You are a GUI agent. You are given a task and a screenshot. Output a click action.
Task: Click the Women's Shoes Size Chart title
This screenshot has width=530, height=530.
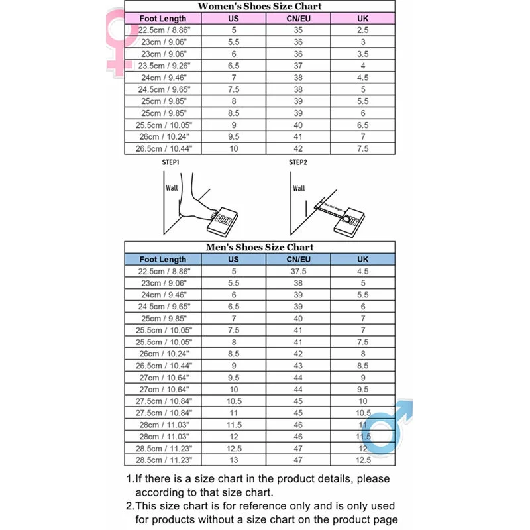(260, 6)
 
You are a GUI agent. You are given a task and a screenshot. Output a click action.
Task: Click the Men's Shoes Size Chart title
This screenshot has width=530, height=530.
(260, 247)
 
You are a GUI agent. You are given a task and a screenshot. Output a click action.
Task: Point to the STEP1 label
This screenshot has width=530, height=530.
(171, 162)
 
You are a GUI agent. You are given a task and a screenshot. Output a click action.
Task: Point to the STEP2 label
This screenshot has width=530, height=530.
(298, 162)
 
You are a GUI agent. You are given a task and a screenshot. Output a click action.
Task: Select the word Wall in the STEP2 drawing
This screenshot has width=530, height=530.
(299, 189)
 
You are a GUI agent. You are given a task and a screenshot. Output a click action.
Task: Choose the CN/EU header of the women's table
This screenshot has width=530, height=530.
(298, 18)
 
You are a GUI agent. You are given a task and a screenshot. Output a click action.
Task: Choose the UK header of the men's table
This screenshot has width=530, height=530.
(363, 259)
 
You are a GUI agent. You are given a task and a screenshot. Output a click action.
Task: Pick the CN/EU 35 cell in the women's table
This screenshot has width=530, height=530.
(298, 30)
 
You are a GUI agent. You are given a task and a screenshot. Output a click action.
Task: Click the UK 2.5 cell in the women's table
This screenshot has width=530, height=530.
(363, 30)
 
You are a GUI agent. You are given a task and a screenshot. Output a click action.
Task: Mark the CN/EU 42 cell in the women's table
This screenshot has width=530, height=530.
(298, 148)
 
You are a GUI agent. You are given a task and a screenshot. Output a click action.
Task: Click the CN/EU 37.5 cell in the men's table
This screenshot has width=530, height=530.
(298, 271)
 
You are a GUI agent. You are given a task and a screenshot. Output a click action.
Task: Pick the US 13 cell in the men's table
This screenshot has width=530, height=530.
(234, 460)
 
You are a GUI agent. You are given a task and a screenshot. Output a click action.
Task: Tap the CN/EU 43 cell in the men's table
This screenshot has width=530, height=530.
(298, 366)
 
